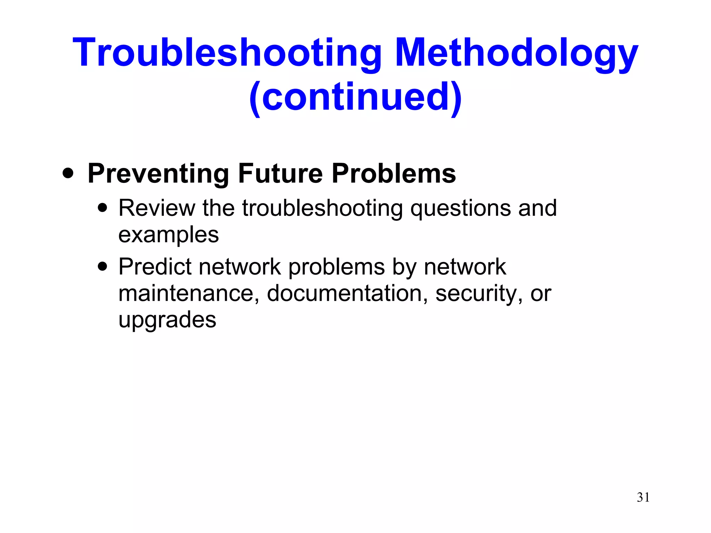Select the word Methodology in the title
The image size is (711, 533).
516,53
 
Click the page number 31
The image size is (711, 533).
643,497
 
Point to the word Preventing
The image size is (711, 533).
158,174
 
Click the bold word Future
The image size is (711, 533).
281,174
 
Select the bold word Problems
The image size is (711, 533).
394,174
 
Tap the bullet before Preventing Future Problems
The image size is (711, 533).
68,173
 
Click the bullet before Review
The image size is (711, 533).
102,208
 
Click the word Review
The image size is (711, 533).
157,208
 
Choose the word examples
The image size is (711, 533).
168,235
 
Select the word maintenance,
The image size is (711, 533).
189,293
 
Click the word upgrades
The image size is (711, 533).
167,320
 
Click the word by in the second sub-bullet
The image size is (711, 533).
404,267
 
